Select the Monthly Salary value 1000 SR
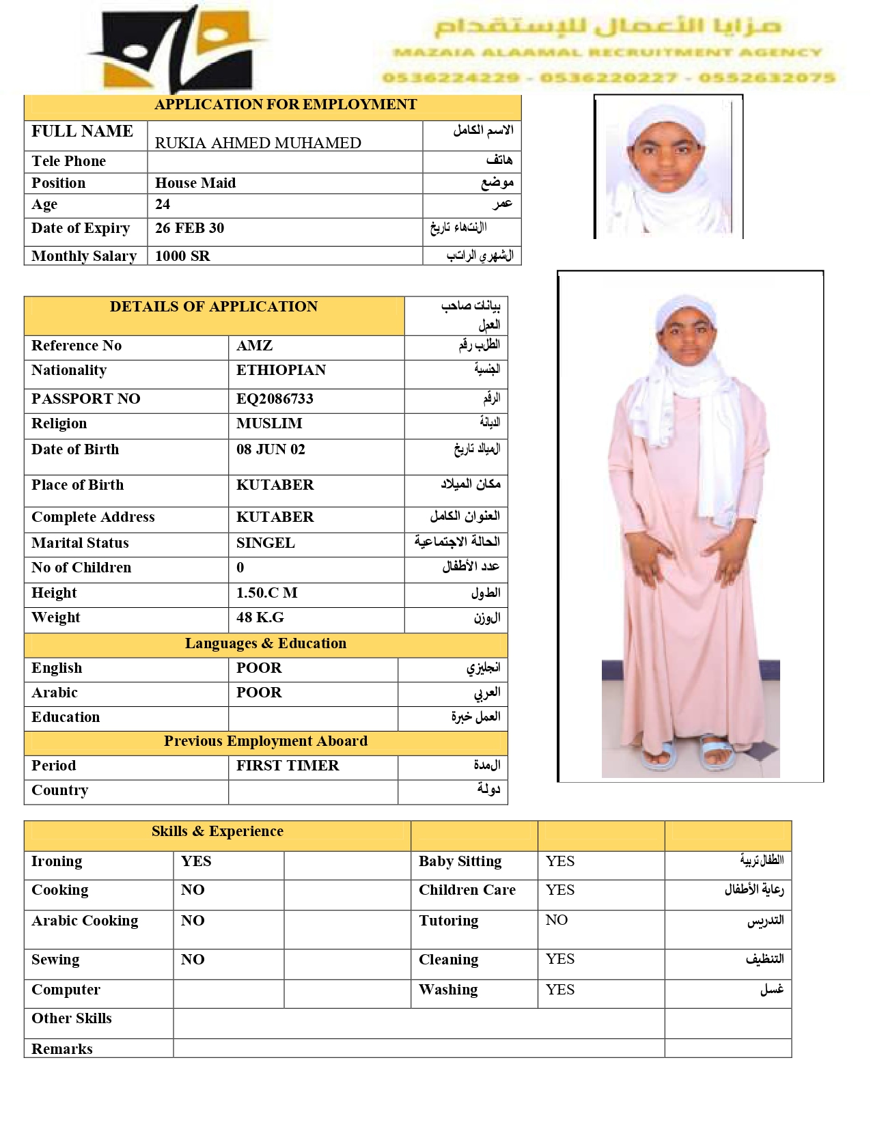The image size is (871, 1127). click(x=182, y=256)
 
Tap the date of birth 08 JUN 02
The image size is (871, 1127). click(x=271, y=449)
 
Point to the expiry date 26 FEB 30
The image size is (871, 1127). click(x=189, y=228)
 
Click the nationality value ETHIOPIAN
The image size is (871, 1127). click(x=281, y=370)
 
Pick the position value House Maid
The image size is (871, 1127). click(x=195, y=183)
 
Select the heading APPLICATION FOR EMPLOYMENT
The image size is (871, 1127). click(x=286, y=105)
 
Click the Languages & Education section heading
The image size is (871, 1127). click(x=266, y=643)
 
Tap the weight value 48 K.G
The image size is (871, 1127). click(x=260, y=617)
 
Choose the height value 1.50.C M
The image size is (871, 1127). click(x=266, y=593)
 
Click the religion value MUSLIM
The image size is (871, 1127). click(x=269, y=423)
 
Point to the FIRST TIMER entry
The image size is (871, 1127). click(x=288, y=766)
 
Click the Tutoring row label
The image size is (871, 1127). click(x=448, y=921)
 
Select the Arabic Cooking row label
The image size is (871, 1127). click(x=85, y=921)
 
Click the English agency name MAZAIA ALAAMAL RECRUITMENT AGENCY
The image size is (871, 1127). click(x=607, y=53)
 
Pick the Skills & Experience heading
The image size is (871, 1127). click(x=217, y=831)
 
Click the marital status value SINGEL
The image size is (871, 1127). click(x=266, y=543)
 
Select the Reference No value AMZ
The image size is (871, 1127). click(x=254, y=346)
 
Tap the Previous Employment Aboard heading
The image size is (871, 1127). click(x=266, y=741)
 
